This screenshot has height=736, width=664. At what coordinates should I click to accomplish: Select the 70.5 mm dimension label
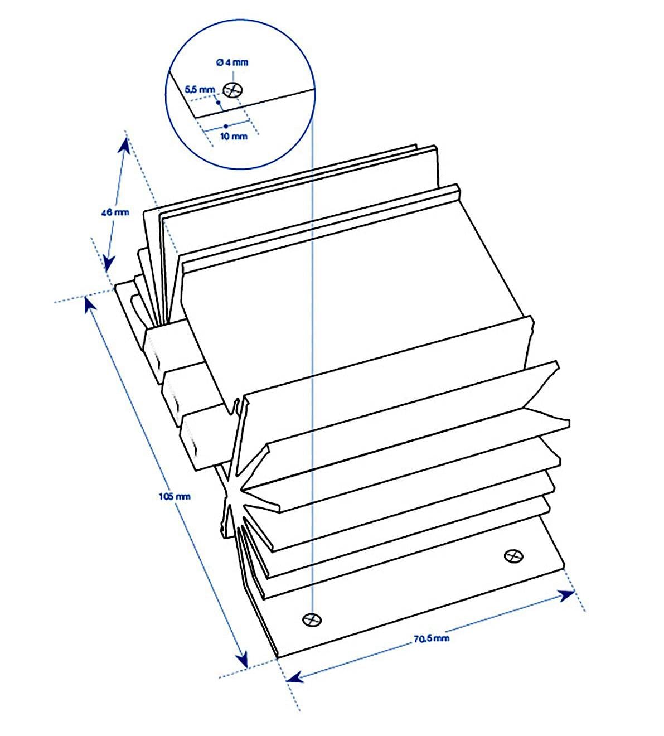point(431,638)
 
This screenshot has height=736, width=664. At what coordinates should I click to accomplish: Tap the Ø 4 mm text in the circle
point(231,62)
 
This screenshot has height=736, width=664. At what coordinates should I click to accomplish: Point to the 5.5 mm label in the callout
point(199,89)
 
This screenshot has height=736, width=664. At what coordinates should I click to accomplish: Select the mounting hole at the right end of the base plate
point(513,556)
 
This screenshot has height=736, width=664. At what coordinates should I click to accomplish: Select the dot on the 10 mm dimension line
point(225,126)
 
